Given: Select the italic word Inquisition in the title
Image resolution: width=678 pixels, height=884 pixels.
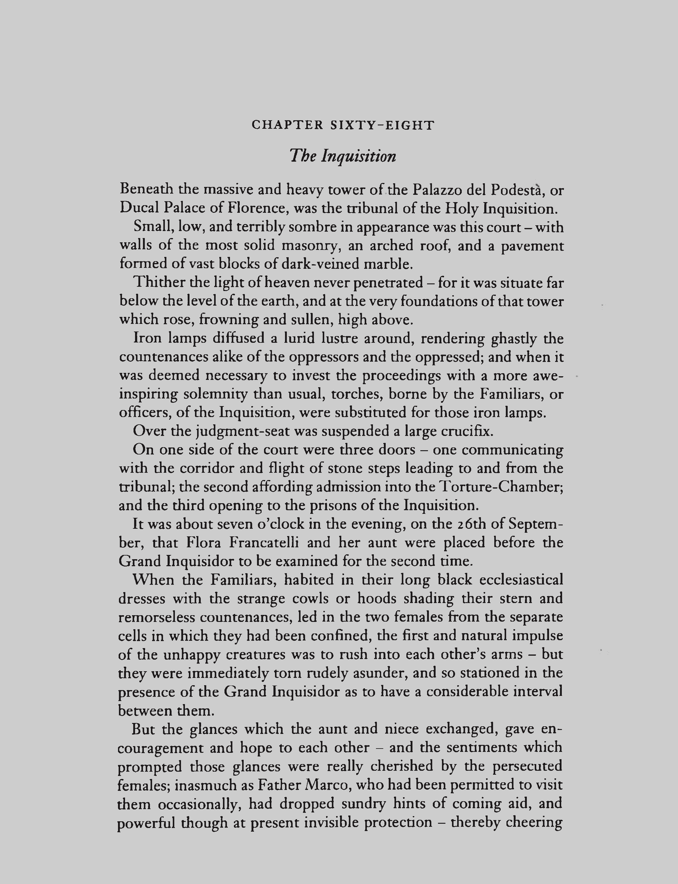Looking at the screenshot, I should pyautogui.click(x=358, y=156).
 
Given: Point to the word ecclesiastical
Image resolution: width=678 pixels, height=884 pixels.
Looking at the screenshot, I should pyautogui.click(x=521, y=580).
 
